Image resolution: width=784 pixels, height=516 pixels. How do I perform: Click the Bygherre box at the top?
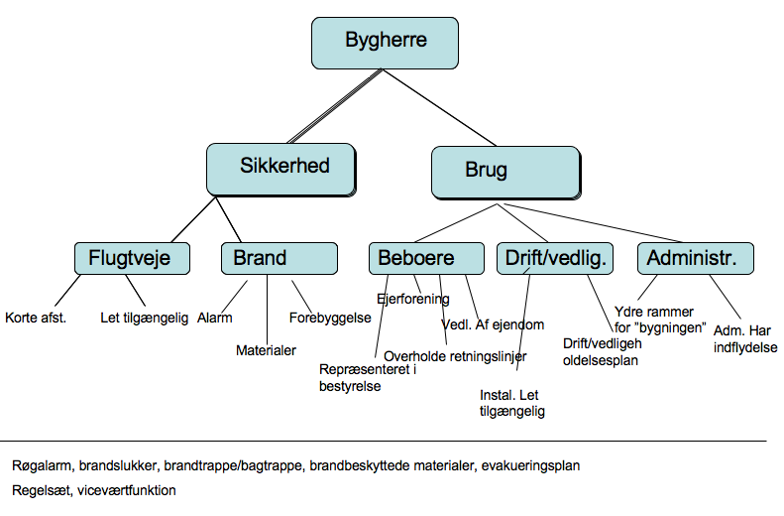pyautogui.click(x=386, y=42)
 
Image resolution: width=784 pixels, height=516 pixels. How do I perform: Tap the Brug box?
pyautogui.click(x=504, y=171)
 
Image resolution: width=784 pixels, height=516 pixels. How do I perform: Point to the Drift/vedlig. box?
pyautogui.click(x=555, y=259)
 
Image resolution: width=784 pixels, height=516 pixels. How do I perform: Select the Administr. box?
pyautogui.click(x=695, y=259)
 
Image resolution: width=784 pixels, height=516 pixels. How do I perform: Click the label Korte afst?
pyautogui.click(x=36, y=319)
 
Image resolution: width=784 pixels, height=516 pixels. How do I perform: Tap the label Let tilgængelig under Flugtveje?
pyautogui.click(x=144, y=319)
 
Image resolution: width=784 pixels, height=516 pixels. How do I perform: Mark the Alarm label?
pyautogui.click(x=215, y=319)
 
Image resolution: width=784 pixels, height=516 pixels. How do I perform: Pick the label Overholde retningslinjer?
pyautogui.click(x=455, y=355)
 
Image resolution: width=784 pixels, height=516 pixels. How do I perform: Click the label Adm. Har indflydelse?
pyautogui.click(x=744, y=339)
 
